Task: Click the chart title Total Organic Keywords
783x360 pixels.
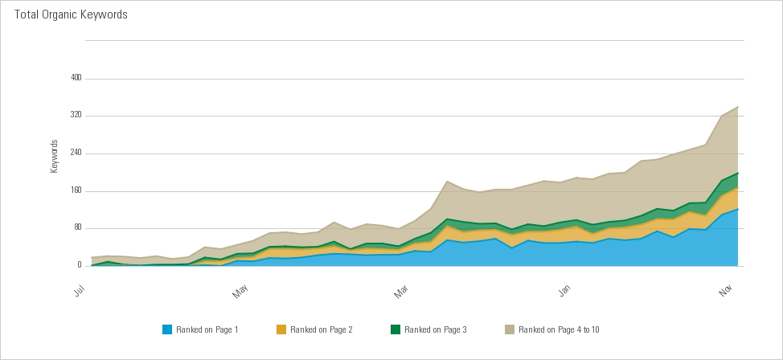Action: pyautogui.click(x=71, y=14)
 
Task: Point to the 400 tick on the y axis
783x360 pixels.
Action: pyautogui.click(x=77, y=78)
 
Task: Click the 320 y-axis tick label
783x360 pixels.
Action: pyautogui.click(x=77, y=116)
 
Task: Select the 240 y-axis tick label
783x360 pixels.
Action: pyautogui.click(x=77, y=153)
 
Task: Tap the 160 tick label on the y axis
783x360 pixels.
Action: pyautogui.click(x=77, y=190)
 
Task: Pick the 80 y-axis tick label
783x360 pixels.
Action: pyautogui.click(x=79, y=227)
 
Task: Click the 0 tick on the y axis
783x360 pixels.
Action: pyautogui.click(x=80, y=265)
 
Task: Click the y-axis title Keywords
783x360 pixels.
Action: pyautogui.click(x=55, y=157)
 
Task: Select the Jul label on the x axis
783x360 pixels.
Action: pyautogui.click(x=80, y=291)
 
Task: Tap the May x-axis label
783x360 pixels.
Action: pyautogui.click(x=241, y=292)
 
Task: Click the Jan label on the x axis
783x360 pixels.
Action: pyautogui.click(x=565, y=292)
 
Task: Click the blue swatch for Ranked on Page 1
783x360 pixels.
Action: pyautogui.click(x=167, y=329)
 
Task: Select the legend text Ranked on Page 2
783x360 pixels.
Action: pyautogui.click(x=322, y=329)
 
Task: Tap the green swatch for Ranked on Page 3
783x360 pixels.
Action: pyautogui.click(x=396, y=329)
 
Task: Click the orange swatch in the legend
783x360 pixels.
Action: pyautogui.click(x=281, y=329)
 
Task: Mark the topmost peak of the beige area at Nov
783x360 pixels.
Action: pyautogui.click(x=738, y=106)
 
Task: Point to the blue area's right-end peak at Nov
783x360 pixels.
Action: pyautogui.click(x=738, y=209)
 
